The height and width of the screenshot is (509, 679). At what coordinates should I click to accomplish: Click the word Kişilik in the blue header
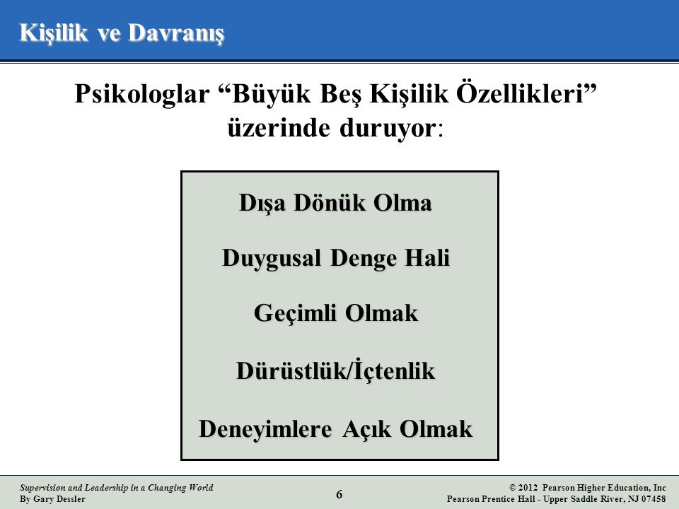(x=53, y=33)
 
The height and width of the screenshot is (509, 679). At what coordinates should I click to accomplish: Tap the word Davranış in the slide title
(x=176, y=33)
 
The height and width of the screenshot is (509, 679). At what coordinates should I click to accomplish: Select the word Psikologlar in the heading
(x=142, y=94)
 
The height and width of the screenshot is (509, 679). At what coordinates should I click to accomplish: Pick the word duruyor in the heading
(x=387, y=129)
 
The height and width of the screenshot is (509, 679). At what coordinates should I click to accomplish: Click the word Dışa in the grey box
(x=262, y=203)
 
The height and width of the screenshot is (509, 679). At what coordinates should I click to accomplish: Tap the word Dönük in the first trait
(x=330, y=202)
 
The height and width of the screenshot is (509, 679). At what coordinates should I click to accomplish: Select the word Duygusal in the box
(x=272, y=259)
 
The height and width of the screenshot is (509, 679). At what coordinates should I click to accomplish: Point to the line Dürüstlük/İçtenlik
(x=335, y=370)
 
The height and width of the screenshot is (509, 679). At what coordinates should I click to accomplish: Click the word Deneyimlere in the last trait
(x=265, y=429)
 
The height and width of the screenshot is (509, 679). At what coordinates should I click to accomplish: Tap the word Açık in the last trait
(x=367, y=428)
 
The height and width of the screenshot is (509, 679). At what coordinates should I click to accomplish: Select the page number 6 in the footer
(x=339, y=494)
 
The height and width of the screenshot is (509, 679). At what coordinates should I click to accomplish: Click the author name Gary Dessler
(x=59, y=499)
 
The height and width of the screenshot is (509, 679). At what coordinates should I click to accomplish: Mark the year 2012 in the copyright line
(x=528, y=488)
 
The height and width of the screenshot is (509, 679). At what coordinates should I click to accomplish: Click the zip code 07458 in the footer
(x=653, y=498)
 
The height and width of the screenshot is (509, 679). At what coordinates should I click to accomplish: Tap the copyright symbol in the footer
(x=513, y=488)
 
